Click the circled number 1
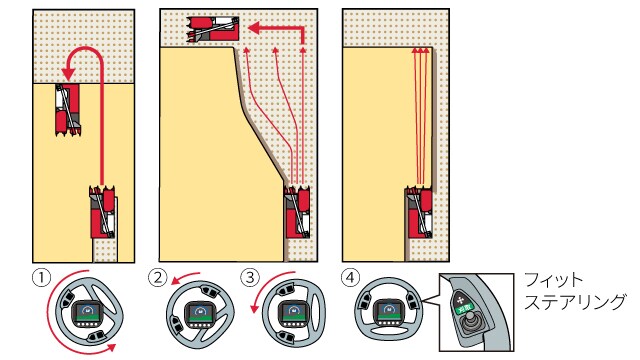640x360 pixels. (41, 278)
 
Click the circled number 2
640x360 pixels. (158, 278)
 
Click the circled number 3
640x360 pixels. (250, 278)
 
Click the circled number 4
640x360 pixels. (350, 278)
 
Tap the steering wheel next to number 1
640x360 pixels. (89, 312)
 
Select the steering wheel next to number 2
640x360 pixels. (200, 313)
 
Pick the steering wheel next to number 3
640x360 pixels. (293, 313)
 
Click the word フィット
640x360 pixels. (553, 280)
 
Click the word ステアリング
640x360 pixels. (575, 302)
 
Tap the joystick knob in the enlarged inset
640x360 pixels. (471, 317)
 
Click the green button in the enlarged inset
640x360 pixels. (464, 308)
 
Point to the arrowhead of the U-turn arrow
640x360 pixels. (68, 74)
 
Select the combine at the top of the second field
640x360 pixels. (213, 29)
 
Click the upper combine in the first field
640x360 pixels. (68, 110)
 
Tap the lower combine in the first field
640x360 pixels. (103, 212)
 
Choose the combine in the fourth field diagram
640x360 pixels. (419, 212)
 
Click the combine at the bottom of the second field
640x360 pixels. (297, 212)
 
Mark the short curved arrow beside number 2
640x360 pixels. (185, 277)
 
